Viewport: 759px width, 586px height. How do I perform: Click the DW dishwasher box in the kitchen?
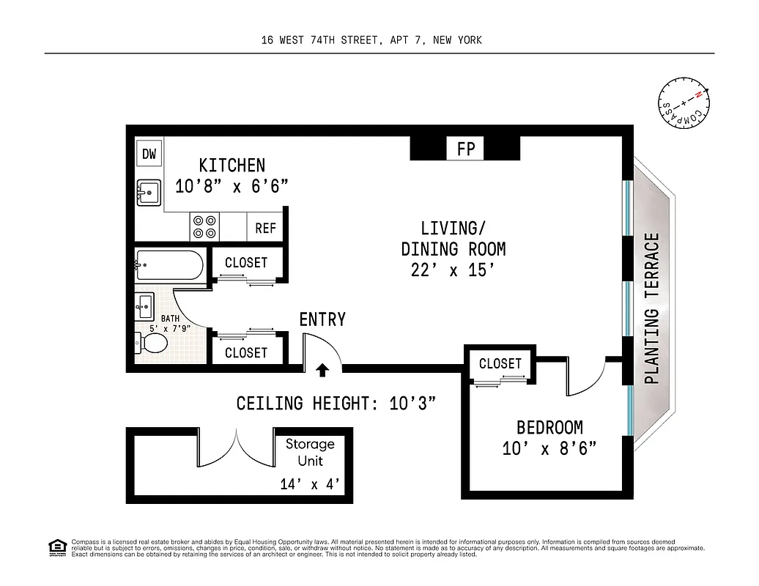(x=149, y=154)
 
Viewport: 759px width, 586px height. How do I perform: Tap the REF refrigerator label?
(x=265, y=229)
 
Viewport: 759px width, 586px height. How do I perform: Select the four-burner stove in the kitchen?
(x=204, y=226)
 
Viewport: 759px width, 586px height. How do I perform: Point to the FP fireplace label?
(x=466, y=149)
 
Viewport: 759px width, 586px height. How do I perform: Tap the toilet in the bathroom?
(x=152, y=343)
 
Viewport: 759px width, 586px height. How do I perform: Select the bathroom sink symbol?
(x=144, y=305)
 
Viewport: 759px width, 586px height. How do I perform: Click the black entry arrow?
(x=322, y=371)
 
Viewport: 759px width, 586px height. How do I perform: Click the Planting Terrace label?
(x=652, y=308)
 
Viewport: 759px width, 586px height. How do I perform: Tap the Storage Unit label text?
(x=309, y=452)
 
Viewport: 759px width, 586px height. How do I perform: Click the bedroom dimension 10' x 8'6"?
(x=549, y=448)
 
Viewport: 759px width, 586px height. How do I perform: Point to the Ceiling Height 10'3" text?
(x=337, y=404)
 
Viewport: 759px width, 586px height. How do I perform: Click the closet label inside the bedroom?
(x=500, y=363)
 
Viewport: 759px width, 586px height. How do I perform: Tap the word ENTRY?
(x=322, y=319)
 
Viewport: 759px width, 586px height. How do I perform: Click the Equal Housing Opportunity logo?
(x=57, y=547)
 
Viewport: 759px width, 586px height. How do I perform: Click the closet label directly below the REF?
(x=246, y=262)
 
